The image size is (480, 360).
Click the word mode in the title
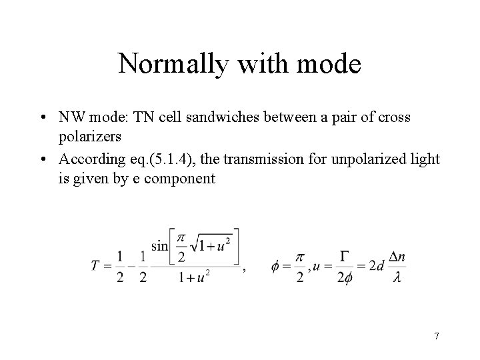(329, 65)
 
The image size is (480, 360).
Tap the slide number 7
(436, 336)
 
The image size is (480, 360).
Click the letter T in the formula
(96, 266)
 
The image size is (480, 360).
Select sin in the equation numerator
(159, 245)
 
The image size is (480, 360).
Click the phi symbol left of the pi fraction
(275, 267)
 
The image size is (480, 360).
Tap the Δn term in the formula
(397, 256)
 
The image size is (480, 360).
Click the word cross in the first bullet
(396, 117)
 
